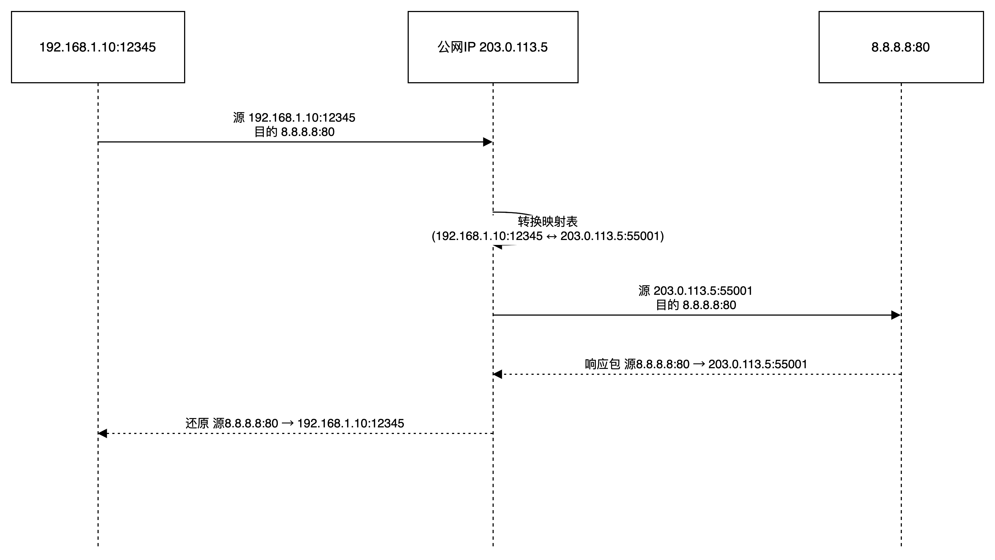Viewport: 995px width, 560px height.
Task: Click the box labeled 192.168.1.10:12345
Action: [98, 47]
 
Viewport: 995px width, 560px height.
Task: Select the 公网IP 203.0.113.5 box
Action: [493, 47]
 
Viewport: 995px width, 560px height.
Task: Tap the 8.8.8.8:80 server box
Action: [901, 47]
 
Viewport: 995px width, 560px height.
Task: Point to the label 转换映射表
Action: [548, 222]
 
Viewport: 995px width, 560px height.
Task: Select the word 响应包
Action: [602, 364]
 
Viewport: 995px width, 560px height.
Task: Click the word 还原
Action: [197, 424]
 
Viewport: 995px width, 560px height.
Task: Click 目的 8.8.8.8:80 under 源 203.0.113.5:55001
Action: [696, 305]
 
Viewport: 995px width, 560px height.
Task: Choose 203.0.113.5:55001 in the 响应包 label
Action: [758, 364]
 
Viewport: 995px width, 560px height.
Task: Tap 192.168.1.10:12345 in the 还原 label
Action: [351, 424]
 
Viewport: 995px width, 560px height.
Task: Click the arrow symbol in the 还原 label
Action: [288, 424]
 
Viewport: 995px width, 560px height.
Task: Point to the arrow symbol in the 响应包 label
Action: [699, 364]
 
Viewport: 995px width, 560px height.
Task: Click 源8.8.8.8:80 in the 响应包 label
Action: [657, 364]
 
